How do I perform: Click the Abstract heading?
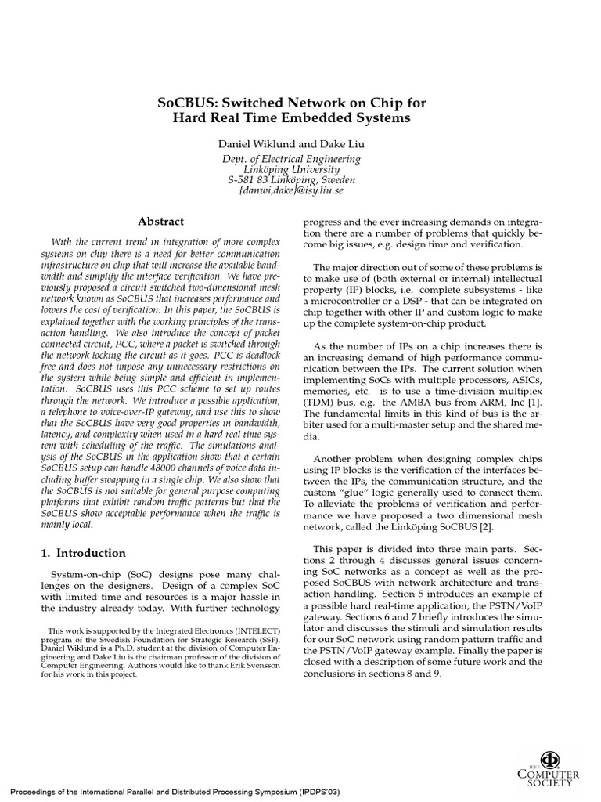coord(160,222)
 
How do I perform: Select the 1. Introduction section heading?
coord(83,553)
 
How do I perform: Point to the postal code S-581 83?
coord(250,179)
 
